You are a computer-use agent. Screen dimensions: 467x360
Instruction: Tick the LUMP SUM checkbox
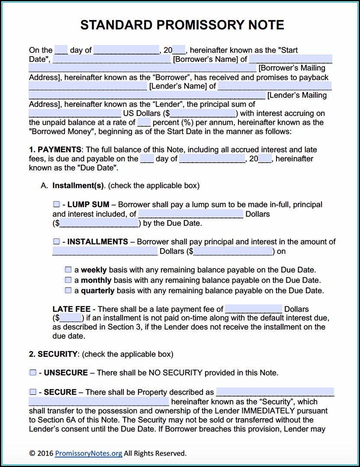coord(57,204)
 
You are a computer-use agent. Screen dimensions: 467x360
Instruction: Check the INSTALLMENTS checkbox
coord(57,241)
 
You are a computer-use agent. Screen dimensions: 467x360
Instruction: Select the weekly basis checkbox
coord(68,269)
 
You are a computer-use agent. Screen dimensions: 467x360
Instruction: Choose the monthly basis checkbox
coord(68,280)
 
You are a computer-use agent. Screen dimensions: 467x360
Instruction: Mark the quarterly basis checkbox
coord(68,291)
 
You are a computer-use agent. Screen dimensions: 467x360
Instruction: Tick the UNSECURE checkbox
coord(33,372)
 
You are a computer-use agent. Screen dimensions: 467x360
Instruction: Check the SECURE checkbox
coord(33,392)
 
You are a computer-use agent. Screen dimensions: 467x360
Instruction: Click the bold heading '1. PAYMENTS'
coord(55,150)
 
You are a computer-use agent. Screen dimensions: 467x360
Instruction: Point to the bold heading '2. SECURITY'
coord(53,354)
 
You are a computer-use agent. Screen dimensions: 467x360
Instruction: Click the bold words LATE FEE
coord(71,309)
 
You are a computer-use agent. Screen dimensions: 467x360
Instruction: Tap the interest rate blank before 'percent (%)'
coord(144,122)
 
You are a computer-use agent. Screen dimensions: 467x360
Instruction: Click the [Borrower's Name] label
coord(206,59)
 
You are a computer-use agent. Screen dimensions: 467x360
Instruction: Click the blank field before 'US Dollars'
coord(75,113)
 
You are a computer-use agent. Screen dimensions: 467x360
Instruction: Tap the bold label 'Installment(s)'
coord(78,186)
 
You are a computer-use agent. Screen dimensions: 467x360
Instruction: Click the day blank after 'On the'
coord(61,50)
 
